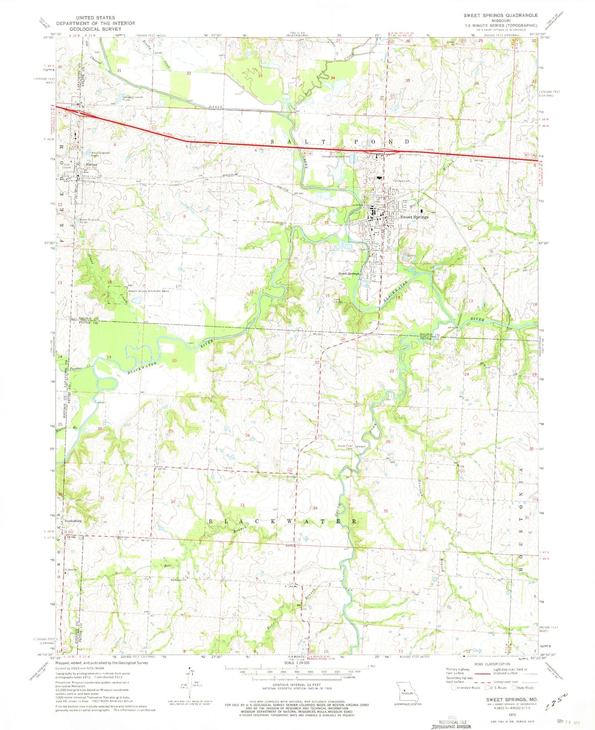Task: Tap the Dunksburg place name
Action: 72,521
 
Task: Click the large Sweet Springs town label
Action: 414,217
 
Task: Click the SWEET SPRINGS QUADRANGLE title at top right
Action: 500,15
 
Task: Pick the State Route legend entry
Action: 523,688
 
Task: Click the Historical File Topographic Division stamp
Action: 450,723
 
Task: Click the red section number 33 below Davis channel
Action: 260,76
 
